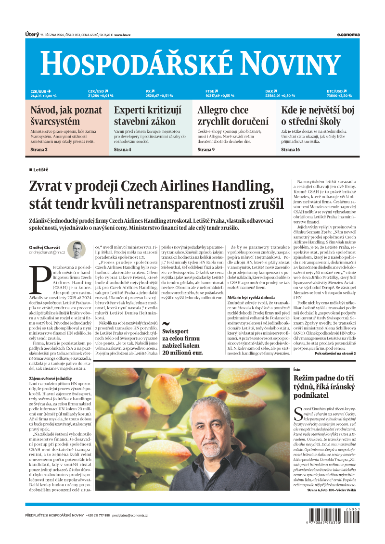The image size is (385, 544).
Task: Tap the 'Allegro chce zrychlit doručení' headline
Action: click(233, 116)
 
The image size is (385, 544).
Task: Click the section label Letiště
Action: click(40, 170)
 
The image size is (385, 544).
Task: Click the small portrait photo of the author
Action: click(76, 249)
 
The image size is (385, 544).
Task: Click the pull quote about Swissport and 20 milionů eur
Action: click(182, 341)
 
